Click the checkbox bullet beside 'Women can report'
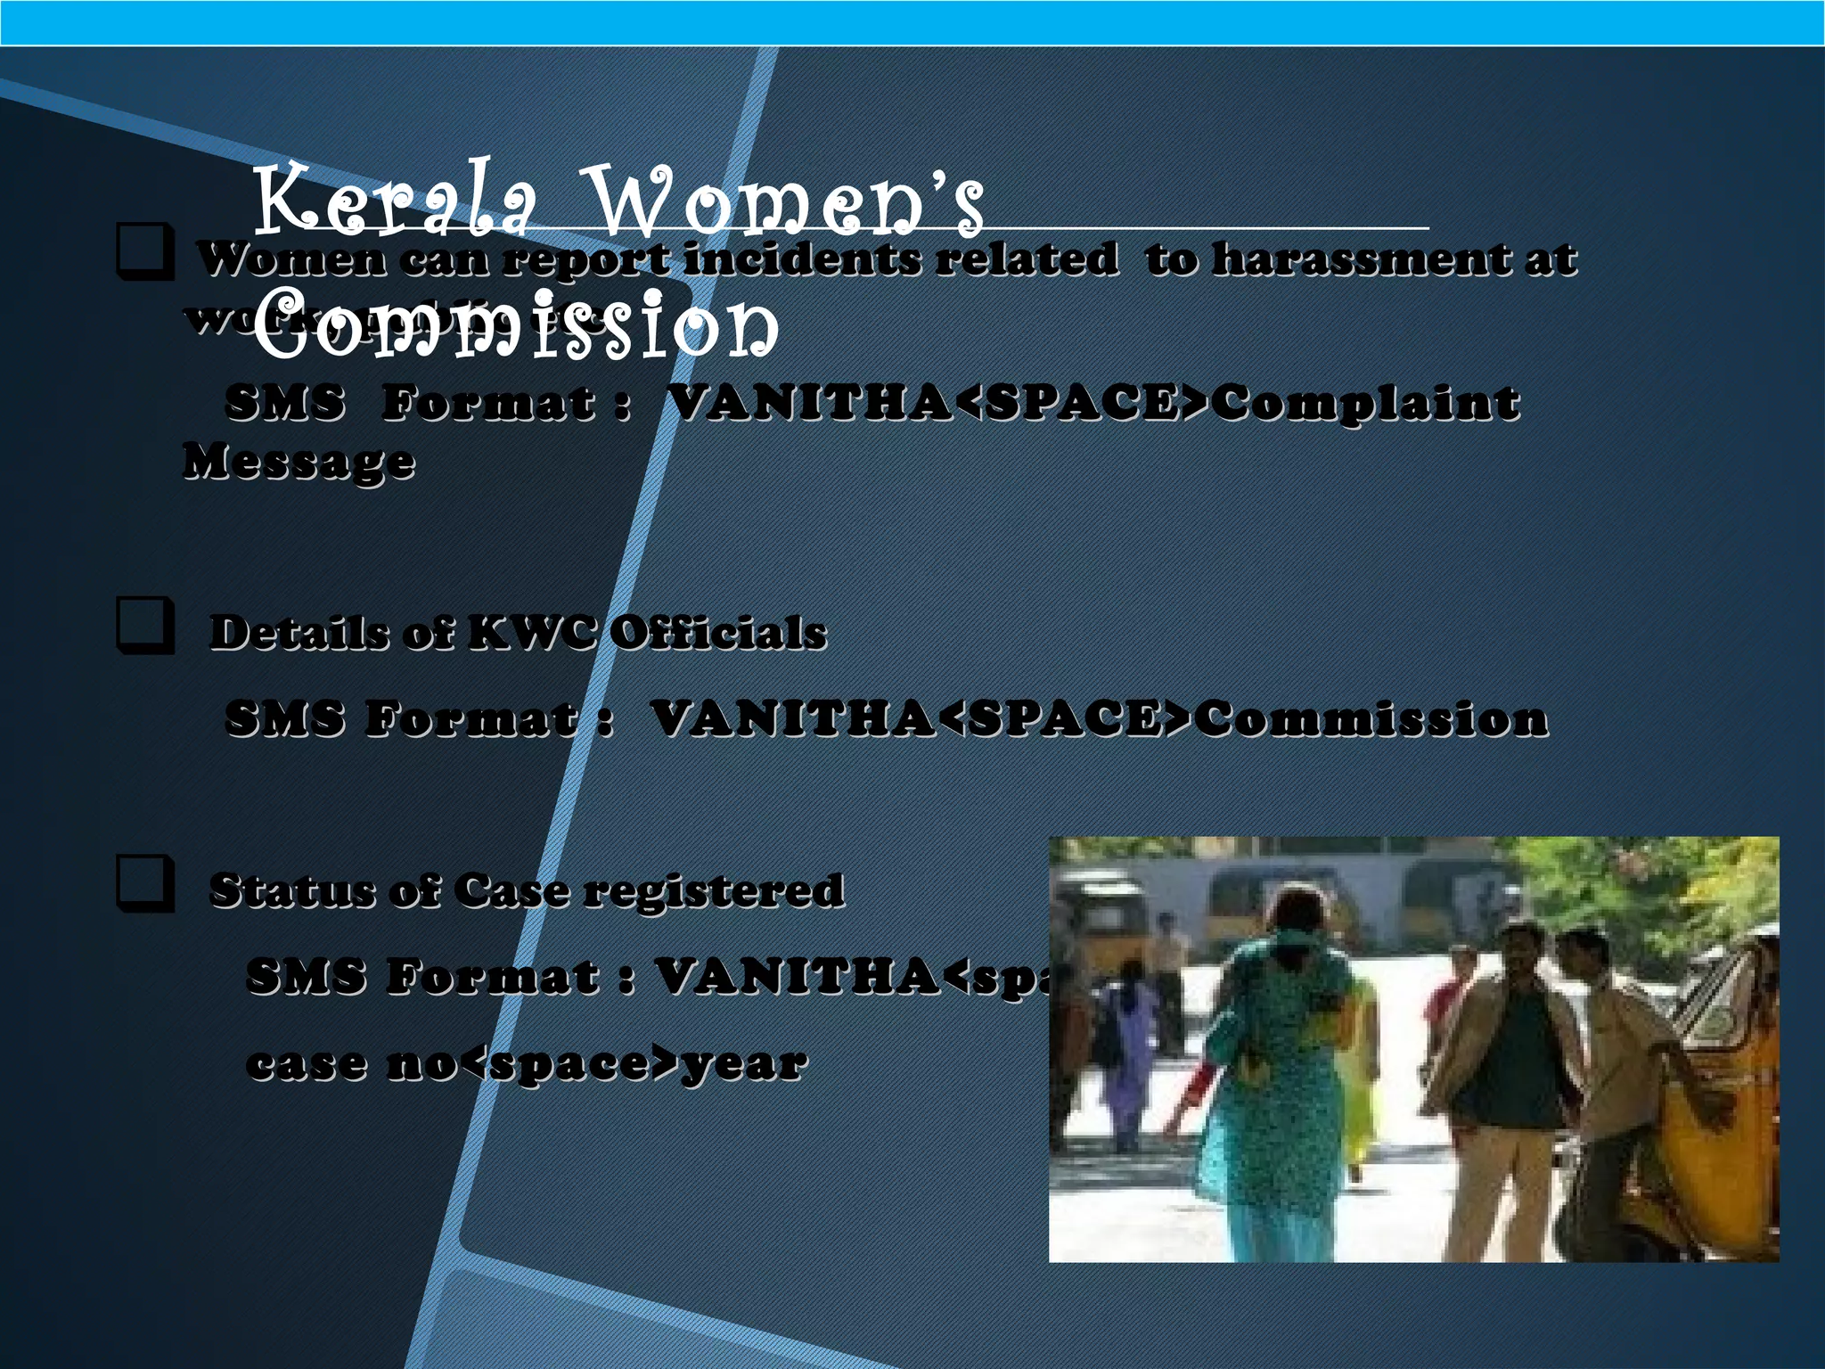click(x=143, y=253)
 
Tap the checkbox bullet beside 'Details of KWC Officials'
click(x=143, y=627)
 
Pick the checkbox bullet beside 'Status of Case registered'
click(x=143, y=884)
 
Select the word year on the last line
click(x=743, y=1063)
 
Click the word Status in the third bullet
click(x=291, y=890)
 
